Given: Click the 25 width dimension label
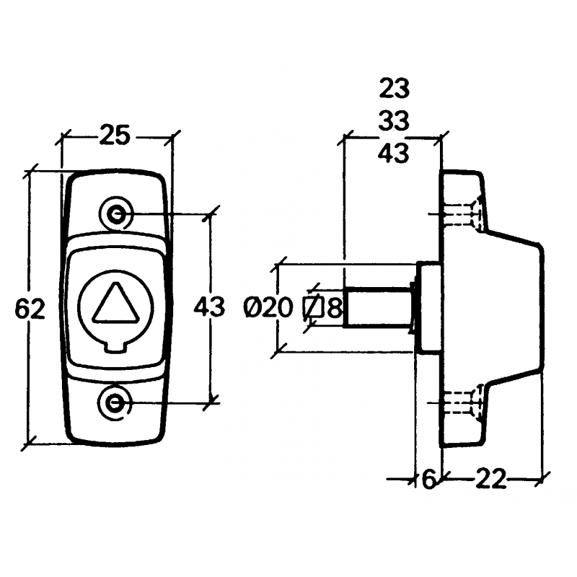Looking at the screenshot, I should [x=116, y=134].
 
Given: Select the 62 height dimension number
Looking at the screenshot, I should [x=30, y=309].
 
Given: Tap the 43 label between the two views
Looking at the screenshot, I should [x=209, y=308].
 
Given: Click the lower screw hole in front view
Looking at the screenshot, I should [x=114, y=403].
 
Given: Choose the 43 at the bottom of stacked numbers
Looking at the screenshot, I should [x=393, y=152].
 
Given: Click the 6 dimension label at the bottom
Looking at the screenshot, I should [x=428, y=480].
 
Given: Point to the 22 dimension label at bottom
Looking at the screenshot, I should [x=490, y=480].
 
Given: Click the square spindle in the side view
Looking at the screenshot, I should [x=377, y=306].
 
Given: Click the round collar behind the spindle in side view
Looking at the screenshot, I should [x=428, y=307].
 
